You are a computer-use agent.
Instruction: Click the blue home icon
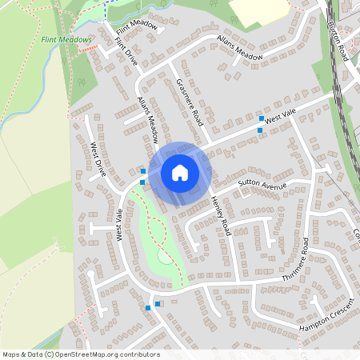pyautogui.click(x=180, y=172)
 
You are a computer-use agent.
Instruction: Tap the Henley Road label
pyautogui.click(x=220, y=214)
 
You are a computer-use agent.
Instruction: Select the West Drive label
pyautogui.click(x=98, y=159)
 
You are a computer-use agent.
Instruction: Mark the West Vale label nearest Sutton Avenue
pyautogui.click(x=280, y=118)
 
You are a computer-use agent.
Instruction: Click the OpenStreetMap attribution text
pyautogui.click(x=81, y=354)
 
